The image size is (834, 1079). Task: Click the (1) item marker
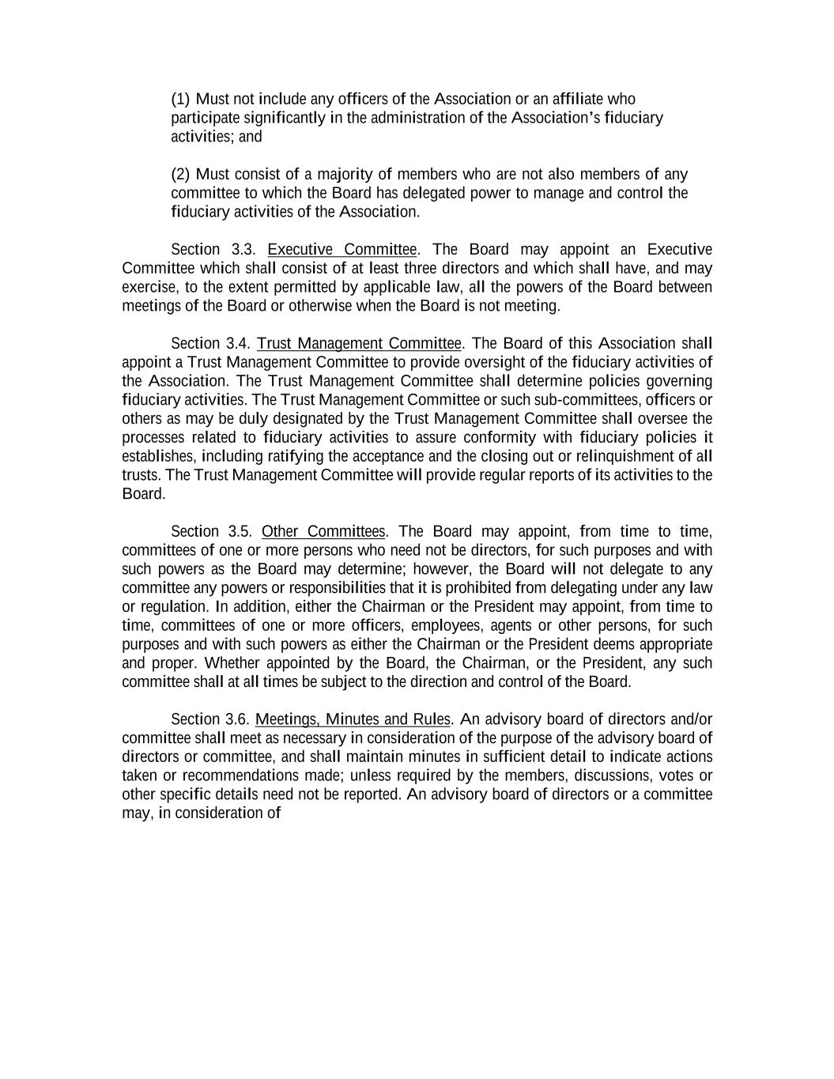pyautogui.click(x=180, y=99)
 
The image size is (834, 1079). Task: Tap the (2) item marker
pyautogui.click(x=180, y=174)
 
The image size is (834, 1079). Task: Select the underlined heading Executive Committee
pyautogui.click(x=342, y=250)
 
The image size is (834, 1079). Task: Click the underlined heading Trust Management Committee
pyautogui.click(x=359, y=343)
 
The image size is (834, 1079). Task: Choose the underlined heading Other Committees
pyautogui.click(x=323, y=531)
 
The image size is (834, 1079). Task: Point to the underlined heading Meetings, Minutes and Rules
pyautogui.click(x=353, y=719)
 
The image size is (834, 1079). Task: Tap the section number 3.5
pyautogui.click(x=239, y=531)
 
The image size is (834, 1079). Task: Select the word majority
pyautogui.click(x=345, y=174)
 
